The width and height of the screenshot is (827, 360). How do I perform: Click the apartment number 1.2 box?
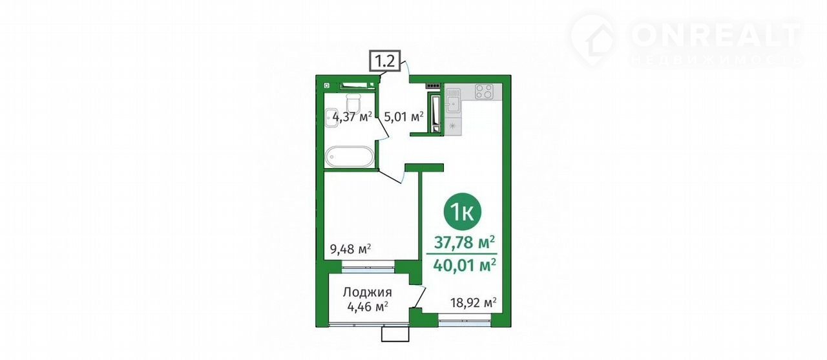click(x=386, y=61)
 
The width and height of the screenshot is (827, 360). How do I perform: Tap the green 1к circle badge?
click(x=462, y=212)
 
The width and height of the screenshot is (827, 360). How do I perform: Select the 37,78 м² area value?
click(x=465, y=242)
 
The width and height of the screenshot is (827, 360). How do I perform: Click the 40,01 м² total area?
click(x=465, y=265)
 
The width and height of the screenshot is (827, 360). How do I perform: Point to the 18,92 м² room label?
click(x=474, y=302)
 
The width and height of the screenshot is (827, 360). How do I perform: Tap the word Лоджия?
click(x=368, y=292)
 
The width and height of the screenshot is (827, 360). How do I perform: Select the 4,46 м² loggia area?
click(x=368, y=306)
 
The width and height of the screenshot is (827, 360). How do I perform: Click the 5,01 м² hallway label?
click(x=404, y=117)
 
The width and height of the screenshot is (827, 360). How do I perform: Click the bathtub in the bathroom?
click(x=350, y=157)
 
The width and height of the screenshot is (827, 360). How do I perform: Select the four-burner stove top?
click(x=484, y=92)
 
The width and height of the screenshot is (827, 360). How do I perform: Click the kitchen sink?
click(x=452, y=100)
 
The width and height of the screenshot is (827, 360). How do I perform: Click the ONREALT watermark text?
click(x=716, y=36)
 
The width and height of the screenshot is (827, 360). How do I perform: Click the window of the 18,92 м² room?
click(x=465, y=320)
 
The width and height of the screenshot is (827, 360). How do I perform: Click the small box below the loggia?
click(x=395, y=334)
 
